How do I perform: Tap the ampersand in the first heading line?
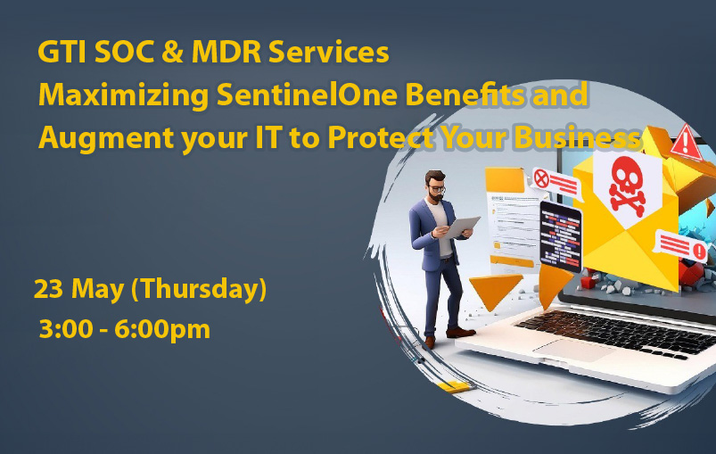172,52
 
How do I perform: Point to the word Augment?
106,138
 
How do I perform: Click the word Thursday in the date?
199,289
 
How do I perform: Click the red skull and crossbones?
627,186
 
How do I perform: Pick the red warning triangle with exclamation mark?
686,143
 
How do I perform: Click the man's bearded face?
436,187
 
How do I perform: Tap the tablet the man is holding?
461,227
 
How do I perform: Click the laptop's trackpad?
573,351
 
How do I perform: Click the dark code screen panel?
560,235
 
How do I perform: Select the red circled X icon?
541,178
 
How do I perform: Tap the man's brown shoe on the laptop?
460,332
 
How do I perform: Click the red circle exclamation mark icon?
699,251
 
